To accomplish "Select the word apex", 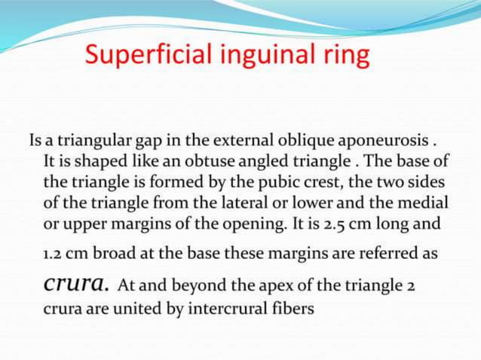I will [x=256, y=286].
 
